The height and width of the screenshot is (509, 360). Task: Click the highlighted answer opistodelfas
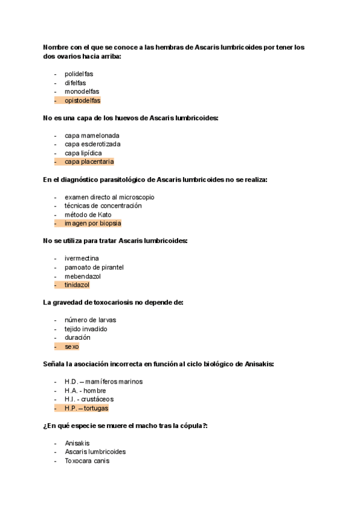[x=83, y=100]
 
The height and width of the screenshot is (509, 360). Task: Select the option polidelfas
[x=79, y=74]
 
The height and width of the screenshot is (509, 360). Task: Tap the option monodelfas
[x=82, y=91]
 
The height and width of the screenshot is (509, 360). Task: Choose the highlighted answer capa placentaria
[x=89, y=161]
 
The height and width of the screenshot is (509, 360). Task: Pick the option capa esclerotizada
[x=92, y=144]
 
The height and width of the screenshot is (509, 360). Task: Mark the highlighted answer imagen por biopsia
[x=92, y=223]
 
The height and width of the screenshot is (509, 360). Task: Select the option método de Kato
[x=88, y=214]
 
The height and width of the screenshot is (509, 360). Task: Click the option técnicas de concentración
[x=103, y=206]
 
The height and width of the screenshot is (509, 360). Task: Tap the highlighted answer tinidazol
[x=77, y=285]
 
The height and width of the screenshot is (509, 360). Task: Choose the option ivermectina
[x=82, y=258]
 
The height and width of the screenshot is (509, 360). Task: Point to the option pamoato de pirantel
[x=94, y=267]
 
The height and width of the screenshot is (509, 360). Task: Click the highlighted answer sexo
[x=71, y=346]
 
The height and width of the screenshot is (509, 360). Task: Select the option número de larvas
[x=90, y=320]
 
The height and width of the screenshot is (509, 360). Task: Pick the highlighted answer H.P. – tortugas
[x=86, y=408]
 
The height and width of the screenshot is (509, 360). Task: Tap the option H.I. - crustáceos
[x=89, y=399]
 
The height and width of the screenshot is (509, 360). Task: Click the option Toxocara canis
[x=87, y=461]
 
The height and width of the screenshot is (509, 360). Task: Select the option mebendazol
[x=83, y=276]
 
